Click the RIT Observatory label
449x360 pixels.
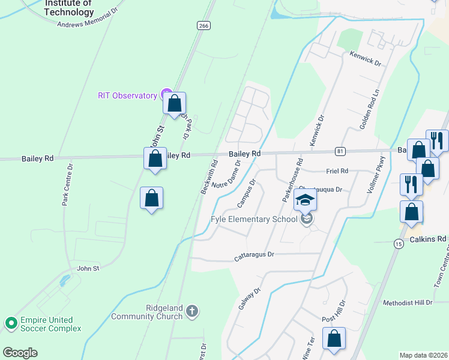(x=127, y=95)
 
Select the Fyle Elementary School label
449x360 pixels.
(x=254, y=219)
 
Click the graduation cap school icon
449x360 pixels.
(x=305, y=200)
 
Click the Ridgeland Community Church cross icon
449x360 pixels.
(x=191, y=311)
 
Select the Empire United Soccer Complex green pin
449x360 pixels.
(x=11, y=323)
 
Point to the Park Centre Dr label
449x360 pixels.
(x=67, y=185)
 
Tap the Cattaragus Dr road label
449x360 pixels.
(x=254, y=255)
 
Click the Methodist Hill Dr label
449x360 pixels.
(x=407, y=303)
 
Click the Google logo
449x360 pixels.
(x=20, y=353)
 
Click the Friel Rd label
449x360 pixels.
(x=337, y=171)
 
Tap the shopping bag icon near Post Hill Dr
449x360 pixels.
(x=334, y=338)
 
